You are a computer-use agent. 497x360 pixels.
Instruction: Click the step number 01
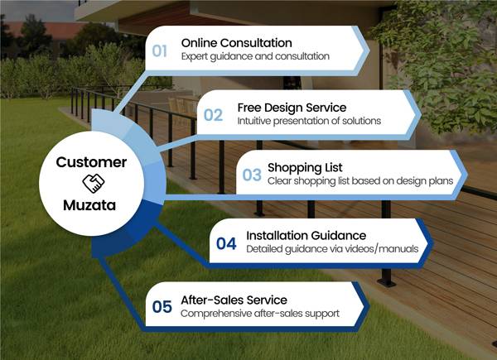159,50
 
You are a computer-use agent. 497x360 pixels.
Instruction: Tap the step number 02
213,115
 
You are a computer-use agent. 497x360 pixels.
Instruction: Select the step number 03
252,175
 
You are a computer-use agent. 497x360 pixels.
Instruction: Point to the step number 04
226,243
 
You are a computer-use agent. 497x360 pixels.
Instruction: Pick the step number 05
162,306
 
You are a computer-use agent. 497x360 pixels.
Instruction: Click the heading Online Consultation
236,43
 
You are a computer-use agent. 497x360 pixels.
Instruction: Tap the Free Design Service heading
292,108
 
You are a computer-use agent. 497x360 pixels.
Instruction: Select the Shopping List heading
305,168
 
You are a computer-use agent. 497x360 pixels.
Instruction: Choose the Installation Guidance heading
306,236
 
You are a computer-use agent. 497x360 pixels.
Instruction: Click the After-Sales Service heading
234,300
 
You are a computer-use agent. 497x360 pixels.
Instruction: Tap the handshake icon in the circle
93,184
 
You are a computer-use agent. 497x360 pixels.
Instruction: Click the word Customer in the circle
91,162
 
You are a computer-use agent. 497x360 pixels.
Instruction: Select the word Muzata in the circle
89,205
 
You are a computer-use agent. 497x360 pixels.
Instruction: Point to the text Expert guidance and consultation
255,56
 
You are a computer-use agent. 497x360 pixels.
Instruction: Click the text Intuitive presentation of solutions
309,121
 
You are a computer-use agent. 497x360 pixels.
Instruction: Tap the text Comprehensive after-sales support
260,314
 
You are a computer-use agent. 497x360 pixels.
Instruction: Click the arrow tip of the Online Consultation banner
369,50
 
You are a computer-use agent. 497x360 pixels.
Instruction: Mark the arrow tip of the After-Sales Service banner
369,306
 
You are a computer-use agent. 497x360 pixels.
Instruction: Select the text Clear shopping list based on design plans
360,181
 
